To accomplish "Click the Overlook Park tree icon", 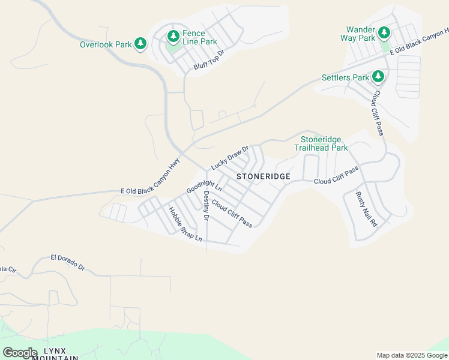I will point(140,44).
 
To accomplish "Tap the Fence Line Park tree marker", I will point(173,37).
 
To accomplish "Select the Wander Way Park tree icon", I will point(383,34).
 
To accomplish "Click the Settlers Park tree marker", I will point(378,77).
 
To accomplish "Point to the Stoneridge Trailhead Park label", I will point(321,143).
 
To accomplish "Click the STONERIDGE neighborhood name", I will point(264,176).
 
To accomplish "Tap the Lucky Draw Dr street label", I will point(229,157).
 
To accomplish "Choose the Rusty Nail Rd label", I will point(366,208).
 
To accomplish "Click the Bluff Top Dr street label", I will point(209,60).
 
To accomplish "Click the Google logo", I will point(20,353).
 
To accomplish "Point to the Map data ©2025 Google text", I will point(411,355).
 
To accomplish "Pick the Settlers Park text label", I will point(345,77).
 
